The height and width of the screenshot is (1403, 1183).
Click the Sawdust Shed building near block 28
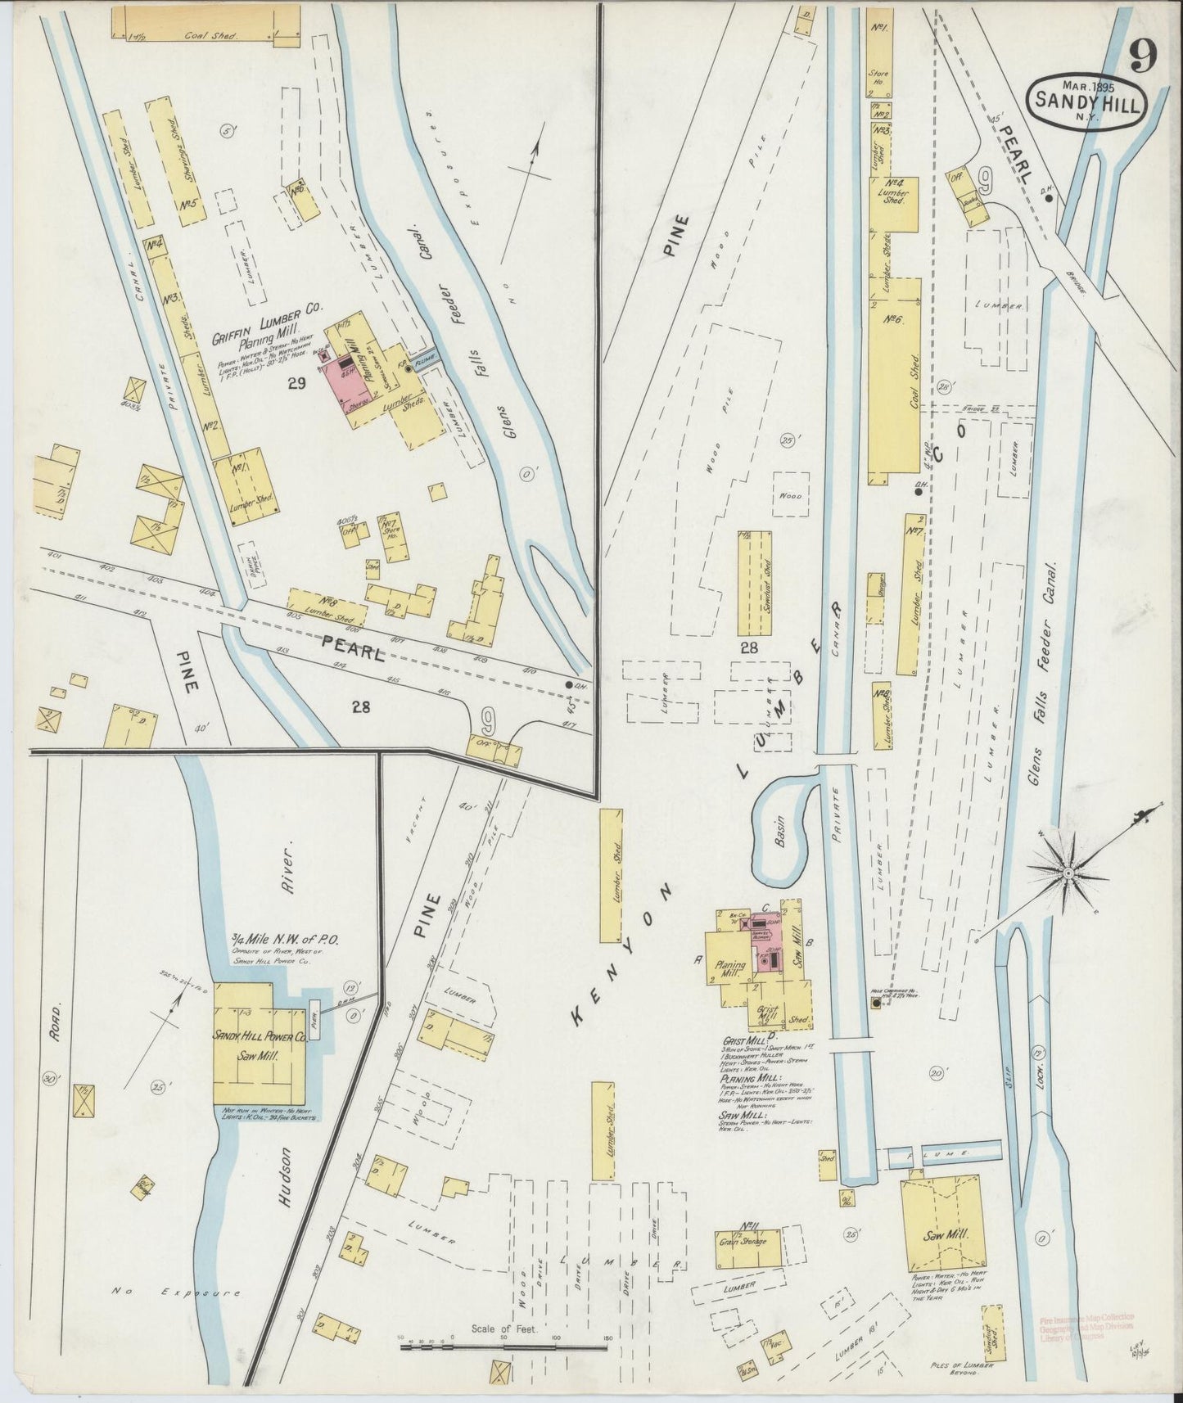tap(755, 582)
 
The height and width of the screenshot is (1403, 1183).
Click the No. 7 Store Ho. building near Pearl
tap(391, 539)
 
